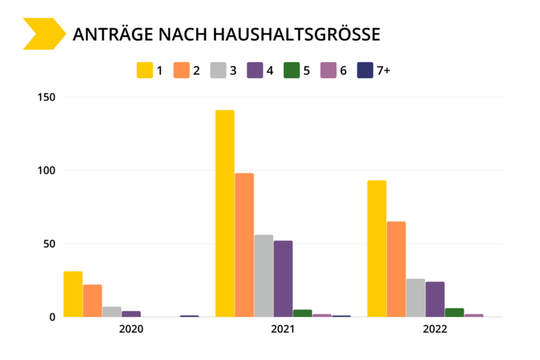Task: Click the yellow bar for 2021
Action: click(225, 213)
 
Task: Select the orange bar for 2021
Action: click(244, 245)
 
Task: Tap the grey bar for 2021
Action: click(264, 276)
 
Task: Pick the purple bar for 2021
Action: click(283, 279)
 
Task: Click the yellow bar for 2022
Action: click(377, 249)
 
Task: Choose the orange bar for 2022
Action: click(396, 269)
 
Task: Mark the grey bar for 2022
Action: click(415, 297)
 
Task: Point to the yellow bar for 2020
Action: click(73, 294)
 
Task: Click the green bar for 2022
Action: click(454, 312)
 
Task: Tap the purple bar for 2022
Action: click(435, 299)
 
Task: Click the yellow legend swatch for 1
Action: click(144, 70)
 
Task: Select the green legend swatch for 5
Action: click(291, 70)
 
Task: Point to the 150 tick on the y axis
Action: click(47, 97)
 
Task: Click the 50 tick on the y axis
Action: click(49, 244)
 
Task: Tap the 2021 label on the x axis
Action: click(283, 329)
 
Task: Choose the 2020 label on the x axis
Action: click(131, 329)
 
